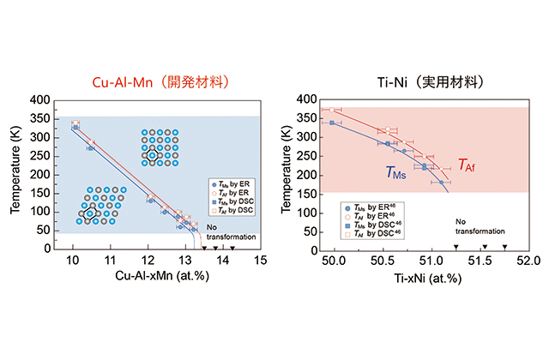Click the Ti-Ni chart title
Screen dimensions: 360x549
pos(423,83)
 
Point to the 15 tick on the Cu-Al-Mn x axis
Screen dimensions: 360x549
pos(259,260)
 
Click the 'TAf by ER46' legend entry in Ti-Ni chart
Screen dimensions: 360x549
pos(374,216)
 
